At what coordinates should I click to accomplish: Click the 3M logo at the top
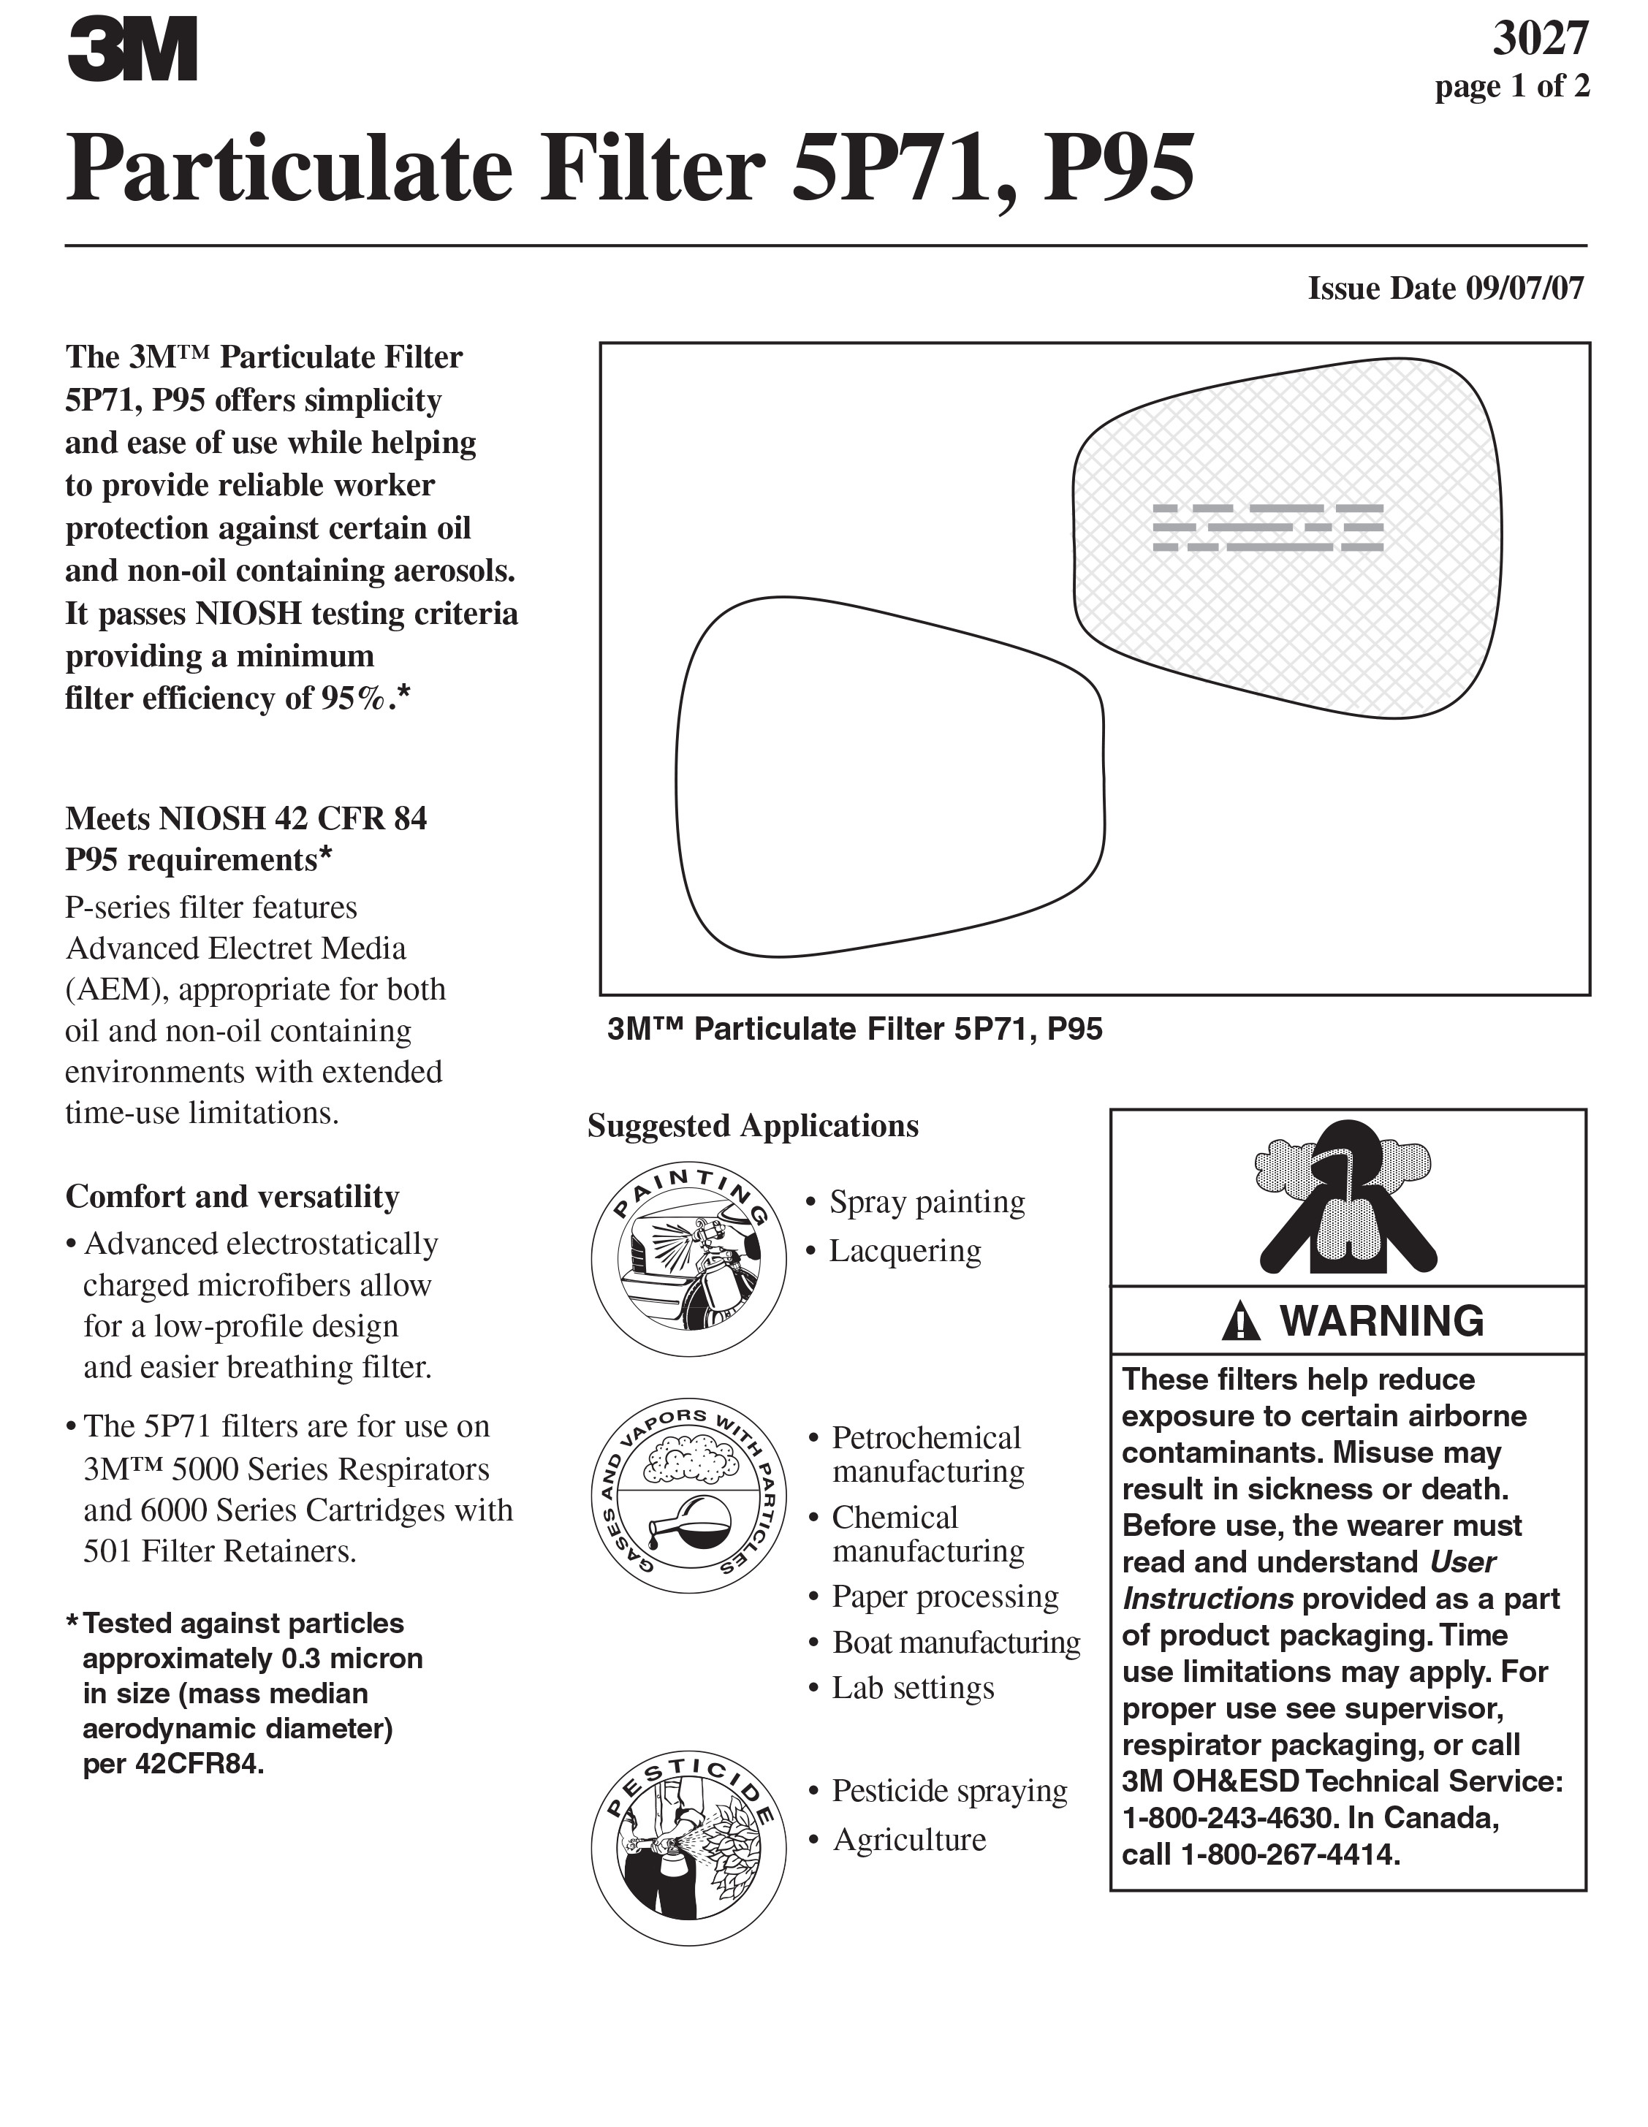tap(132, 50)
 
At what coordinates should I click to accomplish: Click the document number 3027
tap(1540, 39)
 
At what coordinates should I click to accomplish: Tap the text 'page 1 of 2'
tap(1511, 87)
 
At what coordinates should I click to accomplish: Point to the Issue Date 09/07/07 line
tap(1446, 289)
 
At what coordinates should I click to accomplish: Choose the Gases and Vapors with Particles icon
tap(688, 1495)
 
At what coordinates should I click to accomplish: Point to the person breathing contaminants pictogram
tap(1347, 1197)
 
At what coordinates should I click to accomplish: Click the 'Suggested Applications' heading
tap(752, 1126)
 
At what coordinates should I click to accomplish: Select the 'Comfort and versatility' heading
tap(232, 1196)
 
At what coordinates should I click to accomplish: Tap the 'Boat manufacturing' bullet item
tap(955, 1642)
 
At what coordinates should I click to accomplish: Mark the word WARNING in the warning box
tap(1381, 1322)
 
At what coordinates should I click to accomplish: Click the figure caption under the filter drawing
tap(854, 1030)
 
